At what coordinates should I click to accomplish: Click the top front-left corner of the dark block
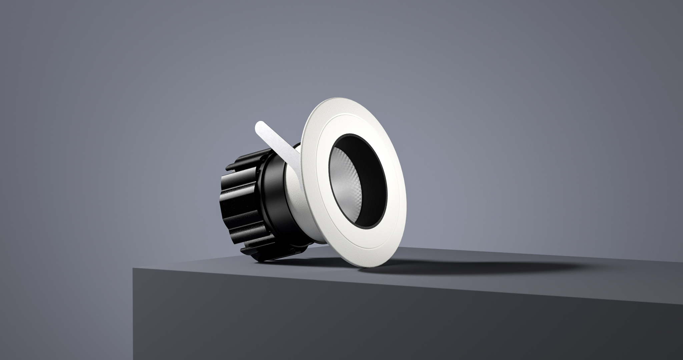tap(133, 269)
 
